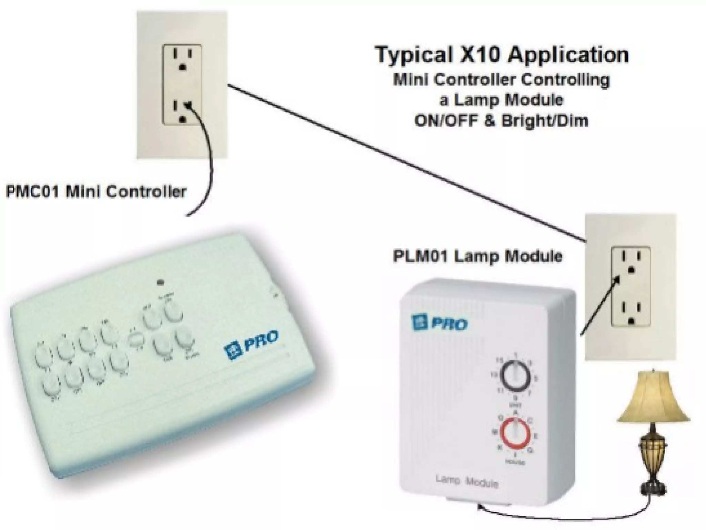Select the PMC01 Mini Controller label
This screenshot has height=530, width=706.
point(96,192)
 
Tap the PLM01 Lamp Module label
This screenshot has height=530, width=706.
point(478,256)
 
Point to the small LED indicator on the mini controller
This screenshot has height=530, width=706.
point(160,282)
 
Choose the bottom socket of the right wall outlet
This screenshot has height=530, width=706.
point(631,311)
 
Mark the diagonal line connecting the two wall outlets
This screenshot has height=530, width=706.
point(407,162)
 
